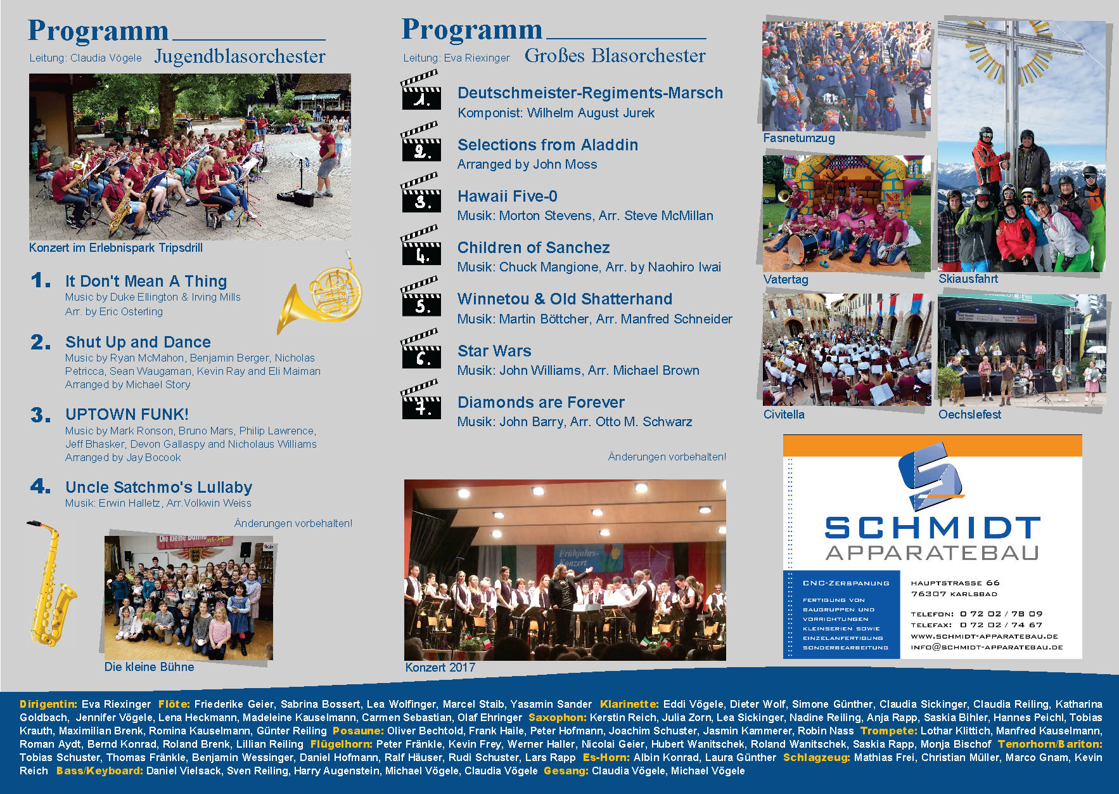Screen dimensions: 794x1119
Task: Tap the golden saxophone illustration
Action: tap(50, 583)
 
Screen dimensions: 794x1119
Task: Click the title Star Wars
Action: tap(494, 351)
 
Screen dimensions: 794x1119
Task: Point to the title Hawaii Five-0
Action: tap(507, 197)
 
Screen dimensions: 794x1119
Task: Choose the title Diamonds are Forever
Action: tap(540, 402)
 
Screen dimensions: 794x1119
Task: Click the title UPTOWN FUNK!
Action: tap(127, 414)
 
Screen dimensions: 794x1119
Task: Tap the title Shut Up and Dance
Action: tap(138, 342)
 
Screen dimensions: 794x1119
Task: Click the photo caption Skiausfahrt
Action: tap(968, 278)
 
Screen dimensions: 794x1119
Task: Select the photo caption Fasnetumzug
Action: tap(798, 138)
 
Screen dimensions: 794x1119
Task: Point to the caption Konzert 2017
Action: tap(440, 667)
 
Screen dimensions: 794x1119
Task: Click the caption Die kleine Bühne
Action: tap(149, 667)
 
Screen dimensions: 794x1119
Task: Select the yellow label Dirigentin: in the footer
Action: tap(48, 704)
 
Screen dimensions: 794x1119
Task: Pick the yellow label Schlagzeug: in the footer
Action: tap(816, 757)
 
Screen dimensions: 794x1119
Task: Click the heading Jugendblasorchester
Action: tap(240, 56)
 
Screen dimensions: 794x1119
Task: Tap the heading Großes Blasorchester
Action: tap(615, 56)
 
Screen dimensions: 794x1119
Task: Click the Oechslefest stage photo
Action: tap(1021, 350)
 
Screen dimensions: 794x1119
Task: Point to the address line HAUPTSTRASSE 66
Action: tap(955, 583)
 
